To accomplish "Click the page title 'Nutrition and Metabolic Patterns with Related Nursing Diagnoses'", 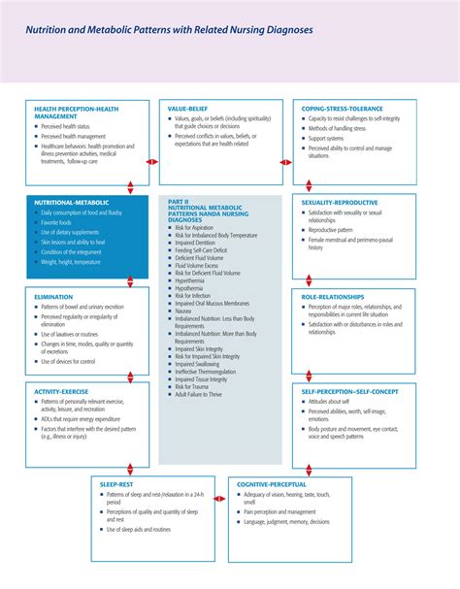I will click(169, 30).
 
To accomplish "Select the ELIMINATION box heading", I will click(53, 297).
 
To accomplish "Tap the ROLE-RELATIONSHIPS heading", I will click(333, 297).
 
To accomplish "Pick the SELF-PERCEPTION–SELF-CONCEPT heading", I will click(349, 391).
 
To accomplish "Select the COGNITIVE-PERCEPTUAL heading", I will click(271, 483).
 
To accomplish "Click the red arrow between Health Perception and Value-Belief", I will click(151, 162).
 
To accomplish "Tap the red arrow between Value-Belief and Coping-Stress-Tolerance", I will click(285, 162).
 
